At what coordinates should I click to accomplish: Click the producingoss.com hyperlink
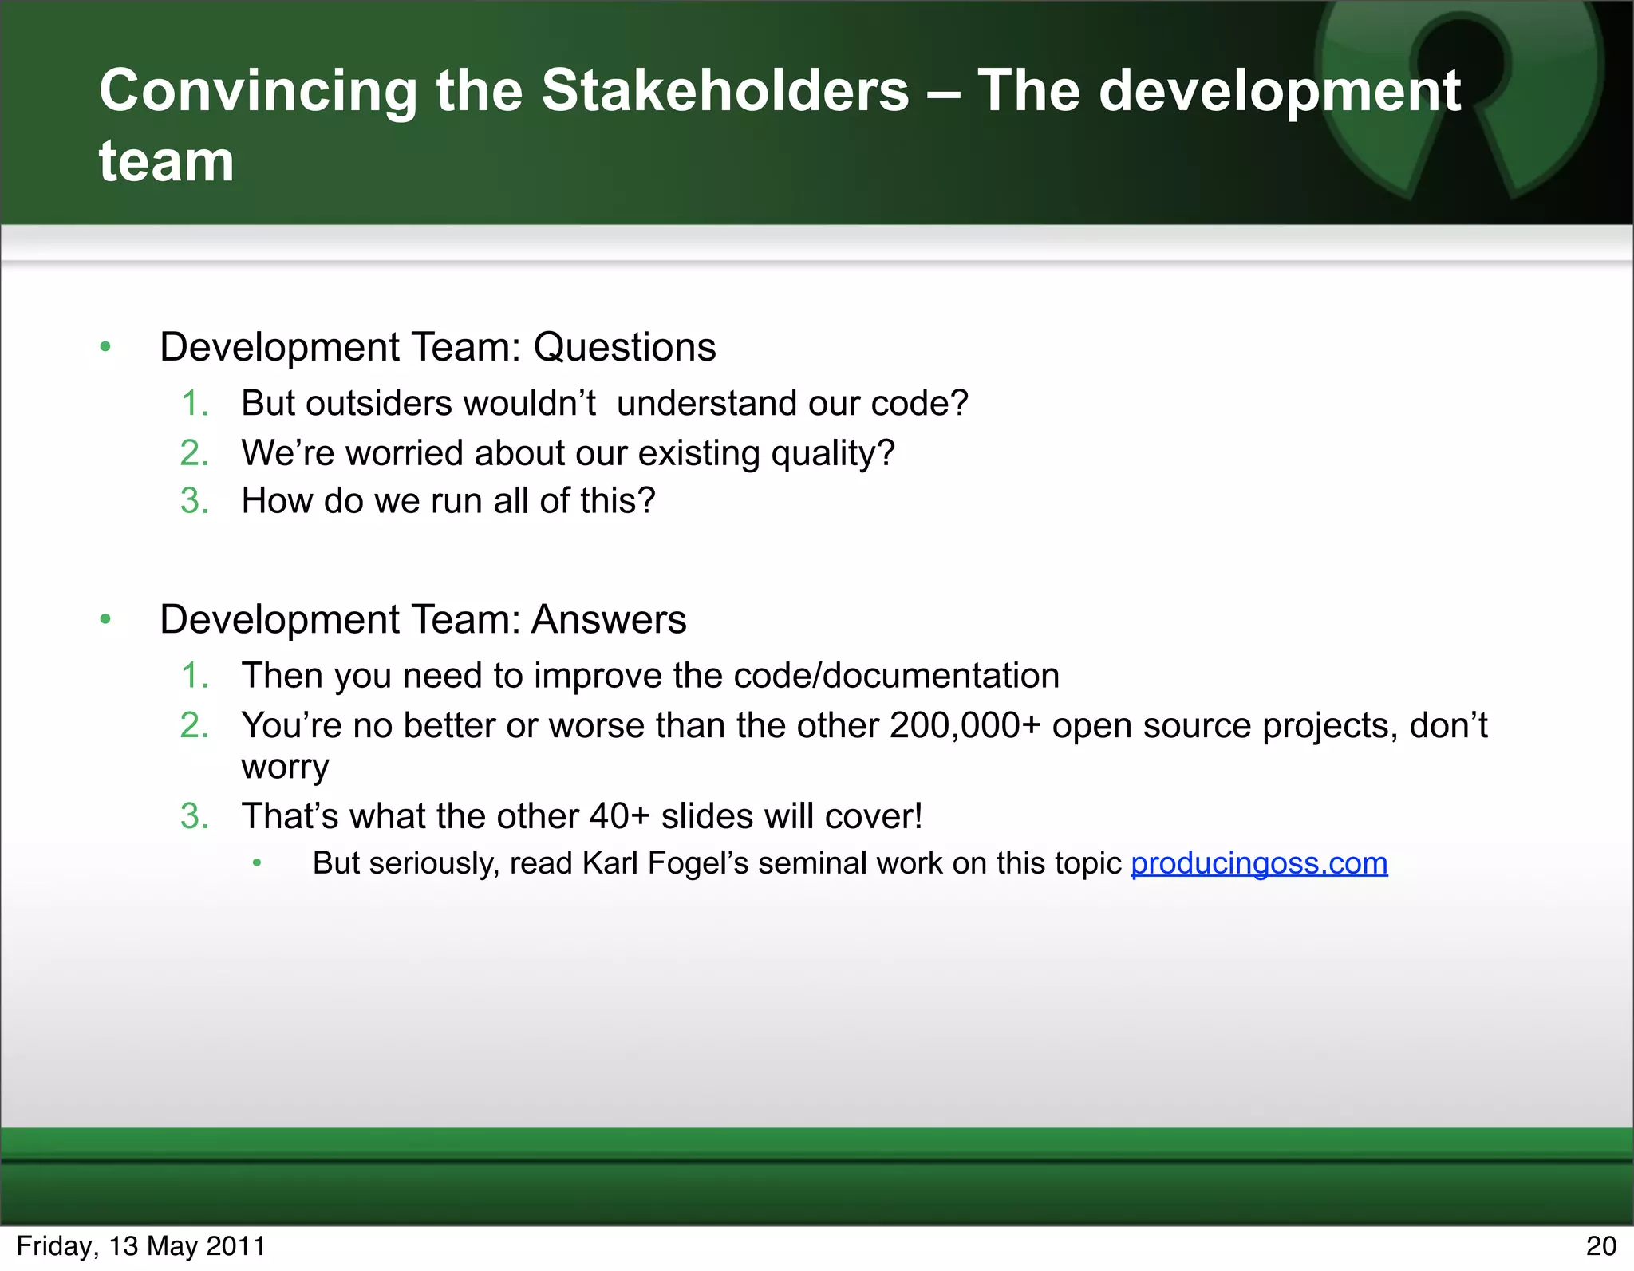pyautogui.click(x=1259, y=863)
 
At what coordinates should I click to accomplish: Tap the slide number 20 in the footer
pyautogui.click(x=1600, y=1246)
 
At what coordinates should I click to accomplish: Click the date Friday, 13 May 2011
pyautogui.click(x=140, y=1246)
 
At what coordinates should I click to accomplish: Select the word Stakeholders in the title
pyautogui.click(x=724, y=90)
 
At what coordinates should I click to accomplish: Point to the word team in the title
pyautogui.click(x=166, y=161)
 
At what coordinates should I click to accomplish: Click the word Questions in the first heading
pyautogui.click(x=624, y=347)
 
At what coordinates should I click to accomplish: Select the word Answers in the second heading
pyautogui.click(x=608, y=620)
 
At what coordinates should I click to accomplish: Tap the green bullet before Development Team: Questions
pyautogui.click(x=105, y=347)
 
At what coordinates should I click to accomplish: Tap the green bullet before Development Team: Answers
pyautogui.click(x=105, y=620)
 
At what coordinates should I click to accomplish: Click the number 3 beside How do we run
pyautogui.click(x=194, y=501)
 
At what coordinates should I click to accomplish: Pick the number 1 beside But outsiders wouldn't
pyautogui.click(x=194, y=403)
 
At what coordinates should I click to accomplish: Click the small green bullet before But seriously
pyautogui.click(x=256, y=863)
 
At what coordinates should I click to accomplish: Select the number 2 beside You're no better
pyautogui.click(x=194, y=726)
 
